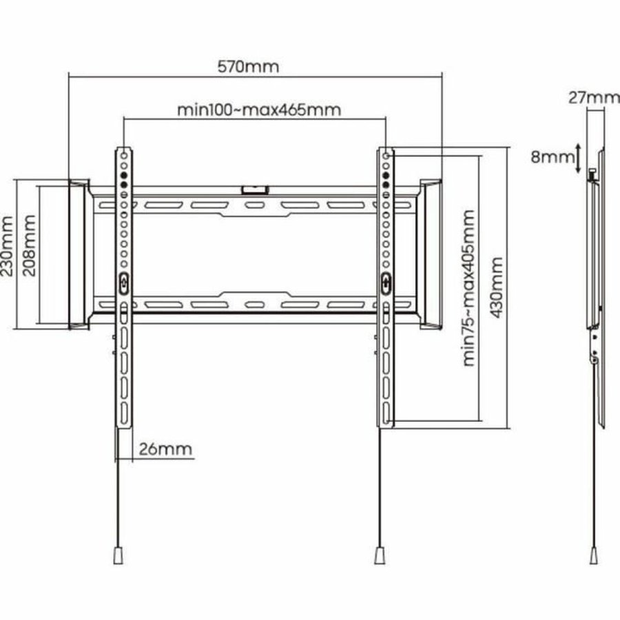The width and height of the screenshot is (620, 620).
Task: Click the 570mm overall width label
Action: tap(249, 67)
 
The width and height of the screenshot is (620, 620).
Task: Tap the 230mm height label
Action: tap(8, 247)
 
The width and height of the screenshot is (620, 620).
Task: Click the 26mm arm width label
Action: tap(165, 450)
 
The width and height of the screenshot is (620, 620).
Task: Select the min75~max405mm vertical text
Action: tap(470, 287)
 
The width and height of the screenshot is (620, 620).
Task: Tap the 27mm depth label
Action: tap(593, 97)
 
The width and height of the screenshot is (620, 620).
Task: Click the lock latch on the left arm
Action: tap(123, 282)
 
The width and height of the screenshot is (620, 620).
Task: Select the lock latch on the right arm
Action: tap(385, 281)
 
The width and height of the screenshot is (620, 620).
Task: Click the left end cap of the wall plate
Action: tap(77, 254)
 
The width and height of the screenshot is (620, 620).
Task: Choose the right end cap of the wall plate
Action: tap(432, 254)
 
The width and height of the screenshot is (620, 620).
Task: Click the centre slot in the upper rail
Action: tap(254, 205)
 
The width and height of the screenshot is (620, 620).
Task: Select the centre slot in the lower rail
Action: tap(254, 304)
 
